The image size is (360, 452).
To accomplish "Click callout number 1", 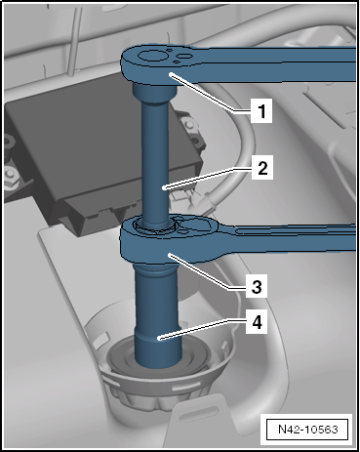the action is coord(261,110).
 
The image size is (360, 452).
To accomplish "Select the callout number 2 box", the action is coord(262,168).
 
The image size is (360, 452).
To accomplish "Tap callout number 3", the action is coord(257,286).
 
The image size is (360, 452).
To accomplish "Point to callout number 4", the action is coord(257,322).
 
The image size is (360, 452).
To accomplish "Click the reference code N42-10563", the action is coord(308,430).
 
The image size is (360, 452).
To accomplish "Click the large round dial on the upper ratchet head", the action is coord(150,56).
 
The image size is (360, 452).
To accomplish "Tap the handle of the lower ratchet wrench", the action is coord(286,239).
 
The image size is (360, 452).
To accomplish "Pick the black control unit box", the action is coord(100,153).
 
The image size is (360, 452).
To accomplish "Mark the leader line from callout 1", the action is coord(211,93).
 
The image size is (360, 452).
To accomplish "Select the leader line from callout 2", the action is coord(208,178).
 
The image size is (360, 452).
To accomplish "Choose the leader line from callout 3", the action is coord(208,270).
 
